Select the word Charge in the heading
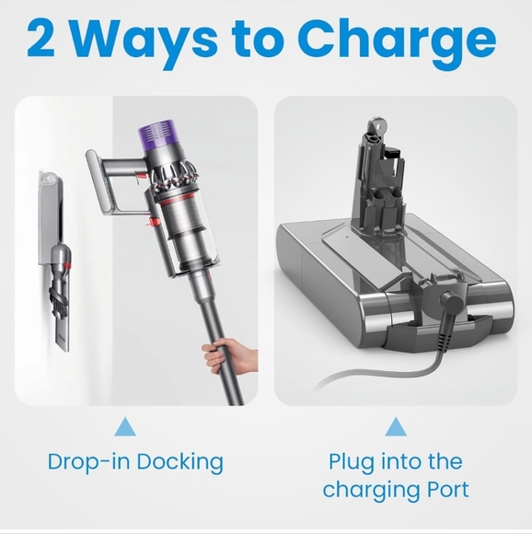click(x=398, y=43)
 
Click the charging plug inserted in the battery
click(x=451, y=307)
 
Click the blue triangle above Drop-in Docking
click(x=125, y=426)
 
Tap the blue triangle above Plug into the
click(x=396, y=426)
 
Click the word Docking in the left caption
click(x=180, y=463)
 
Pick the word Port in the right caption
click(x=446, y=490)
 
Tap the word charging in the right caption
click(x=370, y=491)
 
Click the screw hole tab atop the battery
click(x=376, y=127)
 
